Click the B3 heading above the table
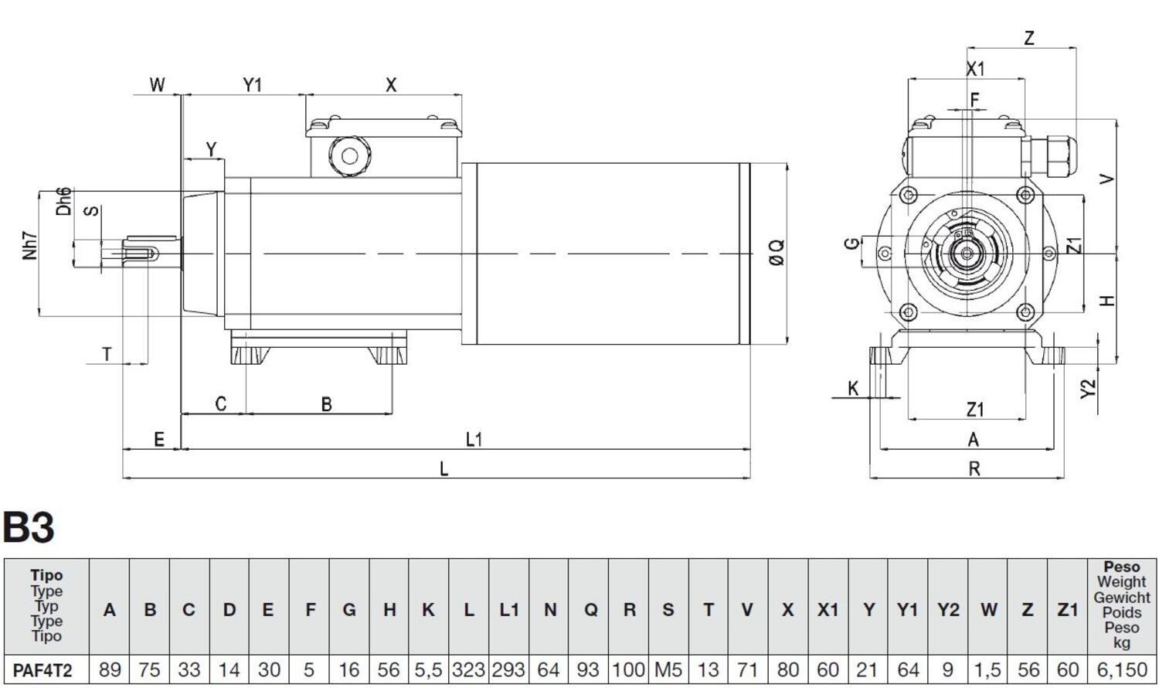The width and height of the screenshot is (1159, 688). [x=29, y=528]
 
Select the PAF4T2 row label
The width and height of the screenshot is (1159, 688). [x=42, y=669]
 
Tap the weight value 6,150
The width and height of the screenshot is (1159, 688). [x=1121, y=669]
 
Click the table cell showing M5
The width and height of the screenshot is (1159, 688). [x=668, y=669]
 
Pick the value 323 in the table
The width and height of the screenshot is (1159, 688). [x=468, y=669]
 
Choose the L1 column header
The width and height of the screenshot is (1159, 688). [x=508, y=610]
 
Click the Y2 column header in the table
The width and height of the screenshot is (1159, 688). [x=948, y=610]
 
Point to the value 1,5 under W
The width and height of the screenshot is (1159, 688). [x=987, y=669]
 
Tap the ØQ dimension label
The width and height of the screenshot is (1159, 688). [x=777, y=252]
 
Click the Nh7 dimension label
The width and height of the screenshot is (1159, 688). [x=30, y=246]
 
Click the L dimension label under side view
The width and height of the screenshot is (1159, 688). [x=444, y=469]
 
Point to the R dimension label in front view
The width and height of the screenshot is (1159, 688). [x=974, y=468]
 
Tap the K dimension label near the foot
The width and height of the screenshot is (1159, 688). [x=853, y=387]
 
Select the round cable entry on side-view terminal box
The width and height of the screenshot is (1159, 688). [x=349, y=156]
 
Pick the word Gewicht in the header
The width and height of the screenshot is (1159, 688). [x=1121, y=598]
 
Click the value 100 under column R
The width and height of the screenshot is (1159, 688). [x=629, y=669]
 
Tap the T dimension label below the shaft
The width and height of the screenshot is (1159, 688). [x=107, y=354]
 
